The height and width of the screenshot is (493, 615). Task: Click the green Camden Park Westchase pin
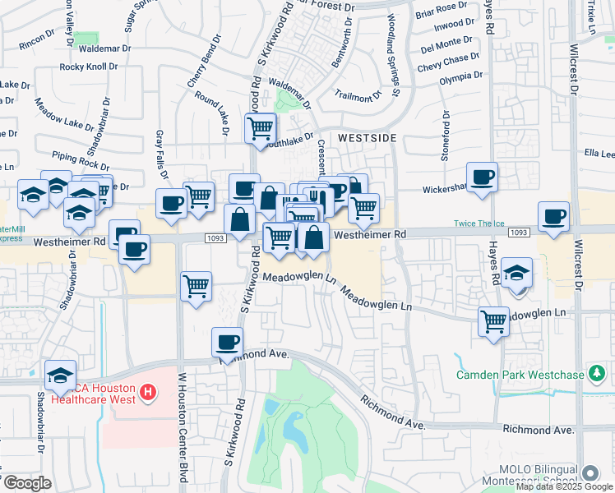tap(597, 376)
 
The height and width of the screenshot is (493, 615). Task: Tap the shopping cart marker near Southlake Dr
tap(261, 128)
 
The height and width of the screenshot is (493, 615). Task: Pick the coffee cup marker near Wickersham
tap(482, 176)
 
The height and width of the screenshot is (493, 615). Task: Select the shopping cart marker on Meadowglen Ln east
tap(494, 321)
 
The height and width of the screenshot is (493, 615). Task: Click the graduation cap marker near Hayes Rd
tap(517, 273)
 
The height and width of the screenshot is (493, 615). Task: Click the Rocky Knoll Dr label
tap(95, 67)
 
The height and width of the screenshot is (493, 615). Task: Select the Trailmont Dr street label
tap(359, 95)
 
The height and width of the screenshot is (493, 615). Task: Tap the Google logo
tap(27, 483)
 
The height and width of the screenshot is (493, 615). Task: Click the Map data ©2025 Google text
tap(563, 486)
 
